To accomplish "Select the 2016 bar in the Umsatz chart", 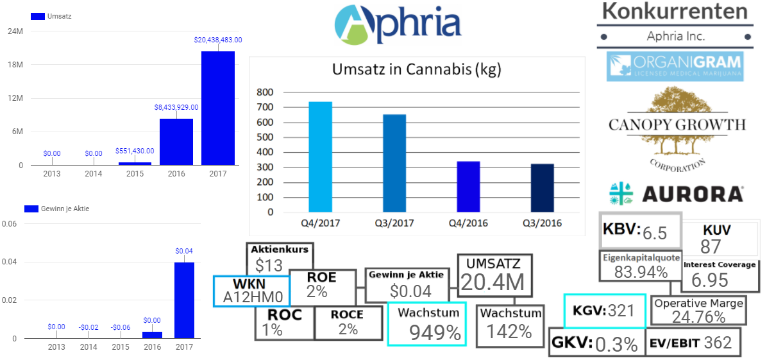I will point(176,142).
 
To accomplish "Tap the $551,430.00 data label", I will point(135,151).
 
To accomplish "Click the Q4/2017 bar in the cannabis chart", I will point(321,157).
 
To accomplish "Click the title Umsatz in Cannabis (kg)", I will point(416,69).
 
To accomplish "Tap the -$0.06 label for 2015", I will point(121,327).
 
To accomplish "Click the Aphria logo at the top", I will point(398,24).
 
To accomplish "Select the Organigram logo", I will point(675,66).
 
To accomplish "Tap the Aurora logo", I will point(676,193).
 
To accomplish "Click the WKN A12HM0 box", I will point(251,291).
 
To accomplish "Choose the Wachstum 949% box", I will point(427,323).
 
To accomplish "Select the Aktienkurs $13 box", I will point(280,258).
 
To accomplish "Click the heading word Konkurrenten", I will point(676,12).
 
